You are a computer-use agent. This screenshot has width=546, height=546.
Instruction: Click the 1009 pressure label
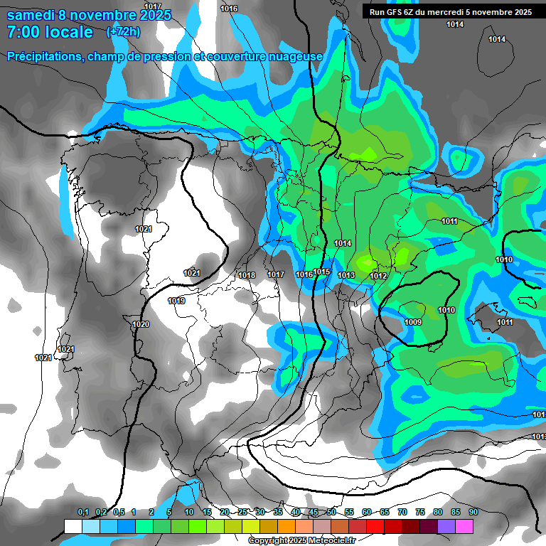click(413, 323)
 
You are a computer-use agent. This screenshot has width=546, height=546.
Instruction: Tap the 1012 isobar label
click(378, 276)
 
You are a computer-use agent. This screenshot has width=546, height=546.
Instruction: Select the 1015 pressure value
click(322, 272)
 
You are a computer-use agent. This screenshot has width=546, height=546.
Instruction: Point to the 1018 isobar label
click(247, 275)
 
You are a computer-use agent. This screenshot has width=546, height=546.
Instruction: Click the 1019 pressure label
click(177, 301)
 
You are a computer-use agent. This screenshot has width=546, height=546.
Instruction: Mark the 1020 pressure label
click(141, 324)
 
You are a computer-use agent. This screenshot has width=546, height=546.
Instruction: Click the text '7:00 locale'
click(50, 32)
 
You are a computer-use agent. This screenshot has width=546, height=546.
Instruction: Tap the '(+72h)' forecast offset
click(123, 32)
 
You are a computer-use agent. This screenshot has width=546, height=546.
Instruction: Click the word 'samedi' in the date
click(31, 15)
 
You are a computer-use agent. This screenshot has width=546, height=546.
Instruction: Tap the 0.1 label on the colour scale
click(83, 513)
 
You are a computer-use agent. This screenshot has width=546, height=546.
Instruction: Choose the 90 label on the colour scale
click(473, 513)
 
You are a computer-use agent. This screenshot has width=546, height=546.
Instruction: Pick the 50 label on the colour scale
click(331, 513)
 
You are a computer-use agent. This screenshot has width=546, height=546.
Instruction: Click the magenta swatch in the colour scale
click(464, 526)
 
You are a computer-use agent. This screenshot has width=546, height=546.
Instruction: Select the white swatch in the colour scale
click(73, 526)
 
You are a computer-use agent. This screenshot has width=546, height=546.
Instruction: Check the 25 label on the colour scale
click(242, 513)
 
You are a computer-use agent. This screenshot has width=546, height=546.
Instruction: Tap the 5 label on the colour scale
click(169, 513)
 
